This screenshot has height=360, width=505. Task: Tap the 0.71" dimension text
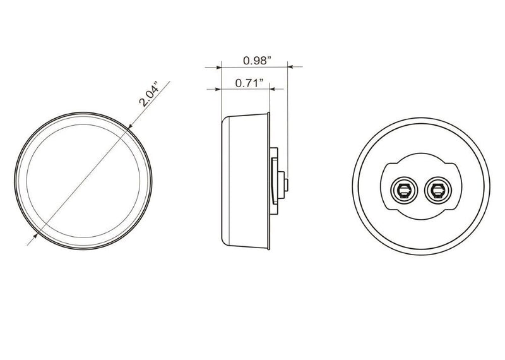(x=249, y=83)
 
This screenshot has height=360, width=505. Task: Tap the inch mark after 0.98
(x=270, y=59)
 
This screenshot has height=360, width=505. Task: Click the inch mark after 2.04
(x=162, y=83)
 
